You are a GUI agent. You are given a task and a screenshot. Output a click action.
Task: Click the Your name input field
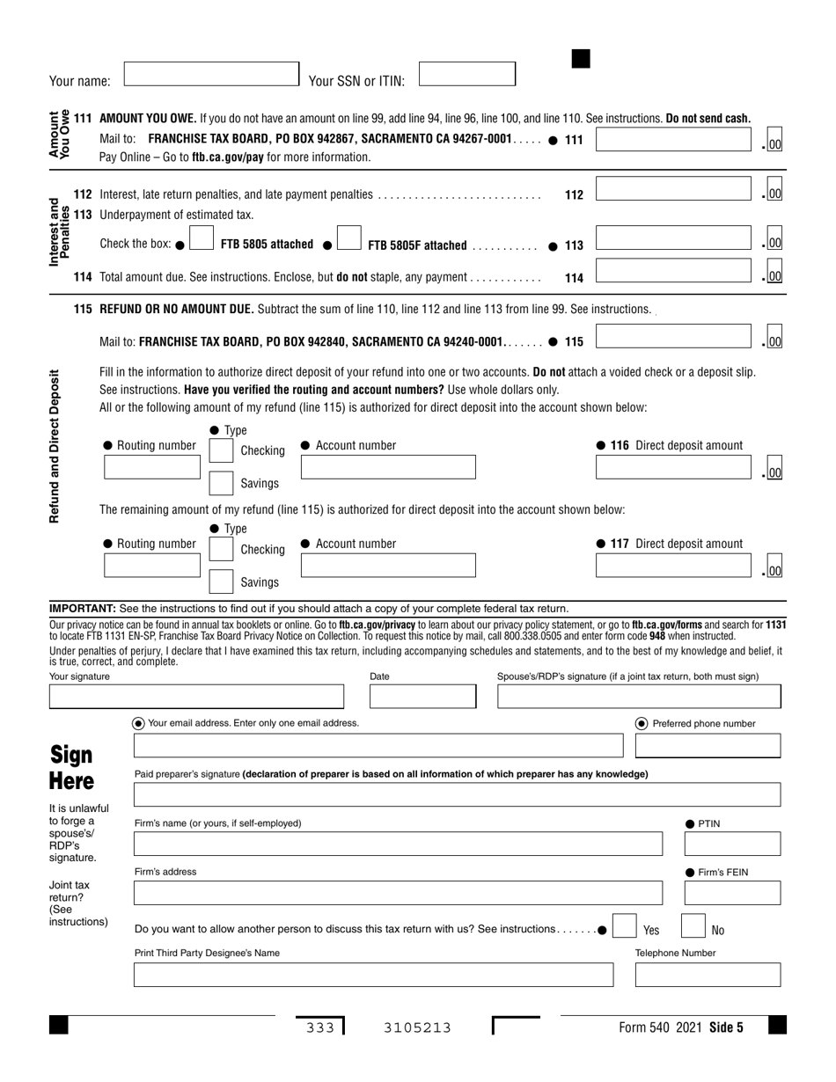coord(211,74)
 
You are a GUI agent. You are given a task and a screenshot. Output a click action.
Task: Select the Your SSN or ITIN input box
coord(466,74)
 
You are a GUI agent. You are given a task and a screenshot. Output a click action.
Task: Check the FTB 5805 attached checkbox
coord(202,238)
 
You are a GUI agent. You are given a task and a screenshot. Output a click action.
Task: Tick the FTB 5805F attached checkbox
coord(349,238)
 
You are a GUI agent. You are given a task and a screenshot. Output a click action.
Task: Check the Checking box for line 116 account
coord(221,450)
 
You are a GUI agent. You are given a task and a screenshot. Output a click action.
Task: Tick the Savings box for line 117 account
coord(221,581)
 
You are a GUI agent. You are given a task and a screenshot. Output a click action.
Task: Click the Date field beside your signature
coord(422,697)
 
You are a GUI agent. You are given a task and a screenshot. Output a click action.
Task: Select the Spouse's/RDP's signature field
coord(639,697)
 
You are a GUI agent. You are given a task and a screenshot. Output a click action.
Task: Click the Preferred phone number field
coord(708,746)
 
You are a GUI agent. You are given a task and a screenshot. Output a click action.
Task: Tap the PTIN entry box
coord(732,844)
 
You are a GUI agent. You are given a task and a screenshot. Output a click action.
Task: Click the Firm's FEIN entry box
coord(732,893)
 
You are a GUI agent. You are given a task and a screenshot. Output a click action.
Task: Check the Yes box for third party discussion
coord(624,928)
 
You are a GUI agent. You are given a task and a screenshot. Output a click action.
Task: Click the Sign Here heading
coord(71,768)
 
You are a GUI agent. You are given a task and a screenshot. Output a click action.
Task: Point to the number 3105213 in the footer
coord(417,1027)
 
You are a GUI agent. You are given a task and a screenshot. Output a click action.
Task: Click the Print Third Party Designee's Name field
coord(373,975)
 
